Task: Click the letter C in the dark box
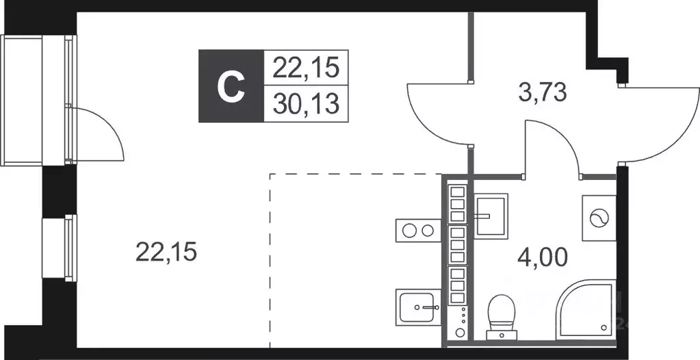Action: click(231, 87)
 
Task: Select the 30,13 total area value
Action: click(306, 104)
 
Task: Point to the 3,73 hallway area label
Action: click(543, 93)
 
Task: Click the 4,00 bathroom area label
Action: click(543, 257)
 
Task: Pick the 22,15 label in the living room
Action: click(166, 252)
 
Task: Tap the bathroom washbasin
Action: click(490, 216)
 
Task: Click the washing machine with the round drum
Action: click(599, 218)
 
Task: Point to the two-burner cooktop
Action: click(418, 231)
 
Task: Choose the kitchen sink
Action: click(418, 306)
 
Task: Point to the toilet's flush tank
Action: click(502, 335)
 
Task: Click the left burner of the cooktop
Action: click(408, 231)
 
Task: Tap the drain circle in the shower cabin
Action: click(605, 327)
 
